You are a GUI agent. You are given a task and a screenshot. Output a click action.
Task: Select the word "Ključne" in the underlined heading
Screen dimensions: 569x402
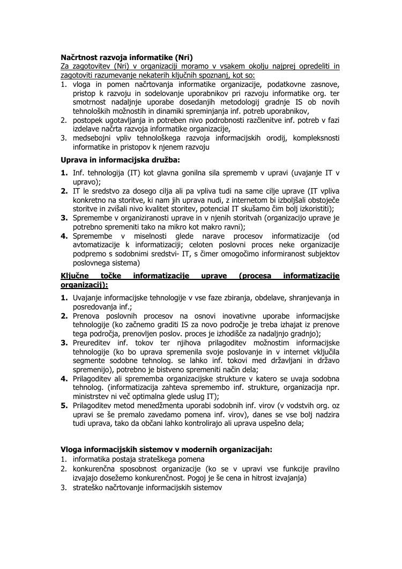click(75, 276)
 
